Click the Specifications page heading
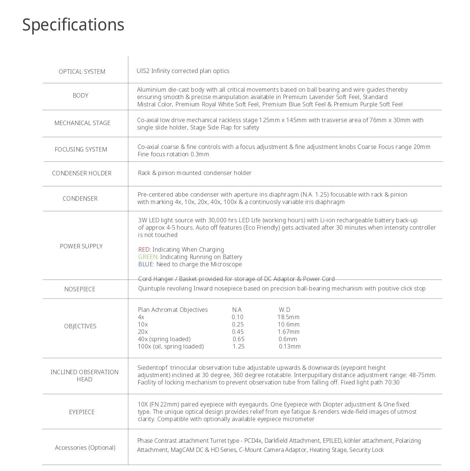pos(73,25)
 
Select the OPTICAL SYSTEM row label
pos(82,72)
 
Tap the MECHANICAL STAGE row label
pos(82,123)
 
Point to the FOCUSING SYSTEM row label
pos(81,149)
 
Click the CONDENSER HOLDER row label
pos(82,173)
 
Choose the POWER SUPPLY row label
pos(81,246)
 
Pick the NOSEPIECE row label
pos(80,289)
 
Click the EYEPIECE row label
pos(82,412)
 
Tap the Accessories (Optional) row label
pos(85,448)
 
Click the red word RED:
pos(144,249)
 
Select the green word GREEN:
pos(148,257)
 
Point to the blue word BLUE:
pos(146,264)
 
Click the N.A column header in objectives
pos(237,310)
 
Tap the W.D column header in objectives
pos(284,310)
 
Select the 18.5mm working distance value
pos(288,317)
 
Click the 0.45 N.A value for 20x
pos(238,332)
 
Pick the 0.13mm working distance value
pos(290,346)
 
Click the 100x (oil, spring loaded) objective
pos(170,346)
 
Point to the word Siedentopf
pos(152,368)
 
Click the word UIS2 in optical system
pos(143,71)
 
